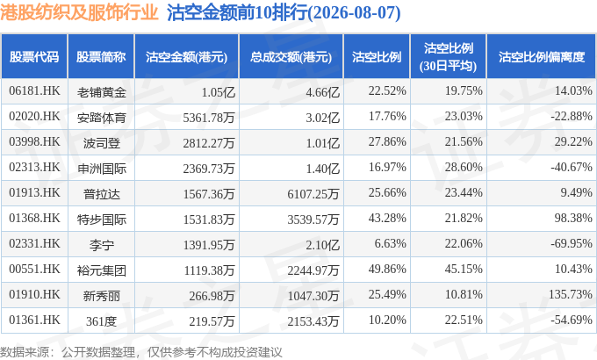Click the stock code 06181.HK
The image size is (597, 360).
click(34, 90)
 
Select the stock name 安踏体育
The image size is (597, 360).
click(101, 118)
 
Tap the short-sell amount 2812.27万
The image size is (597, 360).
click(209, 143)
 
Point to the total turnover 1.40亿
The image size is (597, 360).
click(323, 169)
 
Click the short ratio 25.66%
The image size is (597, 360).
click(387, 192)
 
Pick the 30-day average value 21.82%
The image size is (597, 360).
click(464, 218)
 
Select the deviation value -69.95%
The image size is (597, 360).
click(572, 243)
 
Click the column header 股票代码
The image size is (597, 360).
click(34, 57)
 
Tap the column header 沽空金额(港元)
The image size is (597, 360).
click(186, 57)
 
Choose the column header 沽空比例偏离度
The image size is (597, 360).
click(542, 57)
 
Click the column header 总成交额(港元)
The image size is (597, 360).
click(291, 57)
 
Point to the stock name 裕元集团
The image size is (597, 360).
click(101, 270)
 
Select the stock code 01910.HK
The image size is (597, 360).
click(34, 294)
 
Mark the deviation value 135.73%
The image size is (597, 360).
click(571, 294)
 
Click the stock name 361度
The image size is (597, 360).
click(101, 321)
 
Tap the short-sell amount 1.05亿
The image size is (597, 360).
click(219, 92)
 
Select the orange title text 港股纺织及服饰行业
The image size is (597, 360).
click(79, 12)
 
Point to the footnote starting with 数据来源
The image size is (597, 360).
click(140, 352)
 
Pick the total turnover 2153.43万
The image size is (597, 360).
click(313, 321)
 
